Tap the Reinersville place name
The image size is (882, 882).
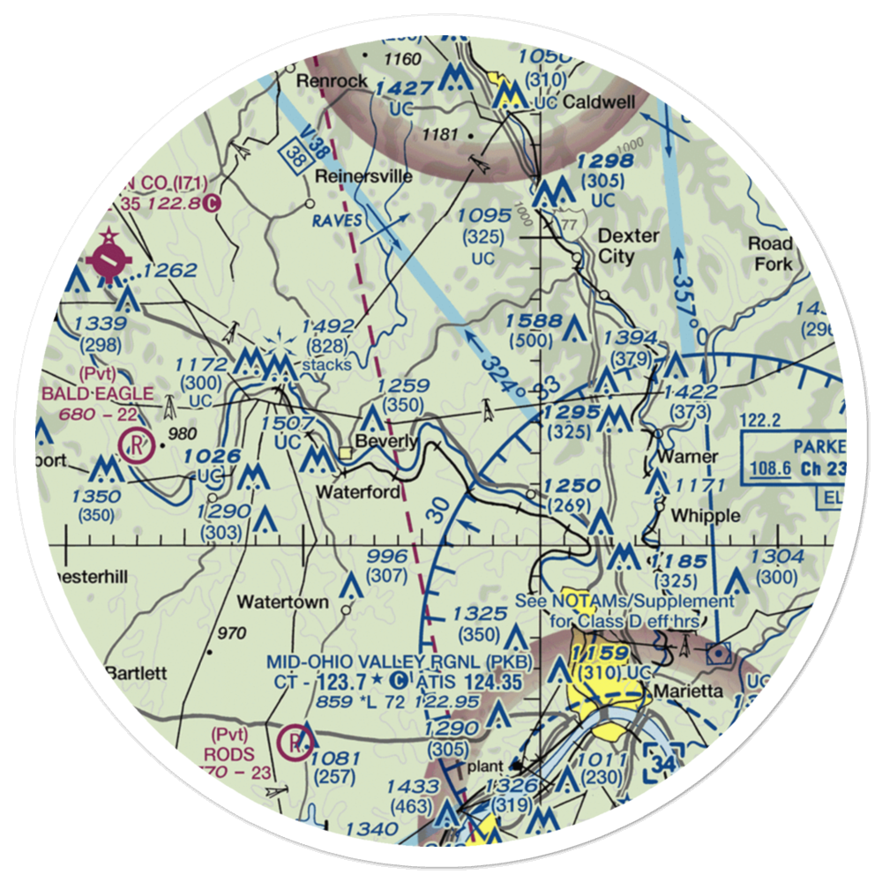click(364, 176)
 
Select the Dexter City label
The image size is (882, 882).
click(628, 247)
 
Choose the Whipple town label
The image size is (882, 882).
click(706, 515)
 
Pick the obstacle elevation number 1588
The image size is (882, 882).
click(534, 321)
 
